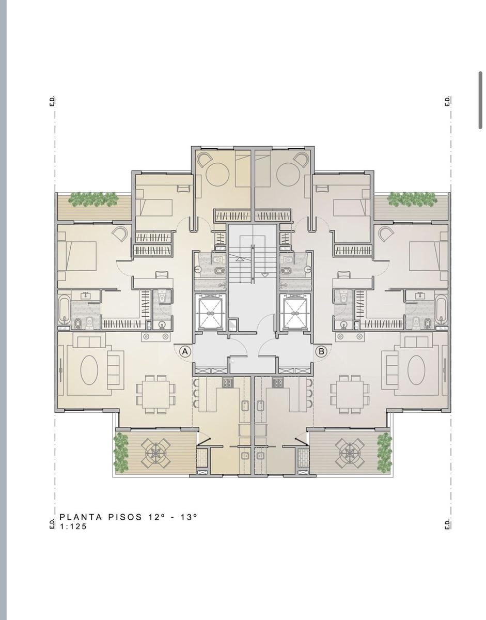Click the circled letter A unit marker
[185, 351]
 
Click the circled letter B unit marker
[321, 351]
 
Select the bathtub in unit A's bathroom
[65, 309]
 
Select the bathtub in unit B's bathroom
[441, 309]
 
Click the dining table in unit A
[155, 394]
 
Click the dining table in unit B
[351, 394]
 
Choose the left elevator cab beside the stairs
[210, 313]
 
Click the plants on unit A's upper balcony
[94, 199]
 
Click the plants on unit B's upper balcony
[413, 199]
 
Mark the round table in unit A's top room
[217, 175]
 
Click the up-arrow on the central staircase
[239, 259]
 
